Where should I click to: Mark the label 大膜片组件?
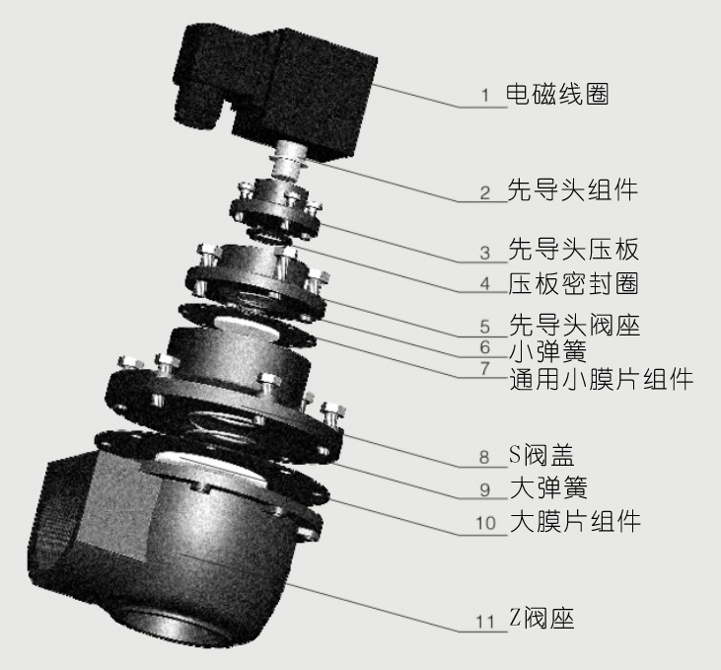click(x=572, y=521)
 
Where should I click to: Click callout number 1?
click(x=485, y=97)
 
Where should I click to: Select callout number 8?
click(x=484, y=459)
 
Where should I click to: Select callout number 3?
click(x=484, y=253)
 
